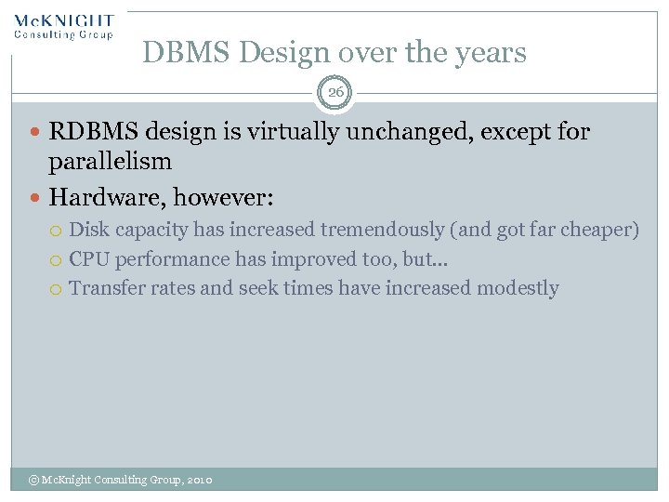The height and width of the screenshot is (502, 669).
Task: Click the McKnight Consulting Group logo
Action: pos(63,26)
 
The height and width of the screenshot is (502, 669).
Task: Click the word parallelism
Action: pos(110,161)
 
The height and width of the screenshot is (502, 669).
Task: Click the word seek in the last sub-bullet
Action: pos(259,288)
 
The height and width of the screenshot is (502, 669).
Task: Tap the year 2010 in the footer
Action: pos(200,480)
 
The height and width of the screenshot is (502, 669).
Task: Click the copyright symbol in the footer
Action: pos(33,480)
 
